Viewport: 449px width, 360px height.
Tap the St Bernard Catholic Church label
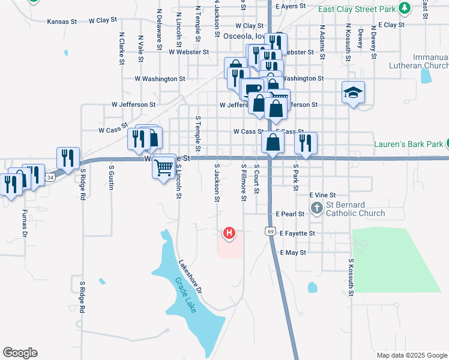point(355,209)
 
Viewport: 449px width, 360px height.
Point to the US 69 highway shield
point(271,230)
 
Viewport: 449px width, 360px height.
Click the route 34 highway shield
point(50,178)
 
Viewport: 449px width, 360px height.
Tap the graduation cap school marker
point(353,92)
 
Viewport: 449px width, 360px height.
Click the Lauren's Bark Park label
point(408,144)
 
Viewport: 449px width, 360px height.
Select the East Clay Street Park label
point(357,9)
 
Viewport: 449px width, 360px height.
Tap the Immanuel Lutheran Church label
point(423,61)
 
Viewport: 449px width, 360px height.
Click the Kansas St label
point(62,20)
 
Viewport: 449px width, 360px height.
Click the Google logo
point(20,353)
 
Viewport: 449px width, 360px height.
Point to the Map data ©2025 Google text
point(411,355)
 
